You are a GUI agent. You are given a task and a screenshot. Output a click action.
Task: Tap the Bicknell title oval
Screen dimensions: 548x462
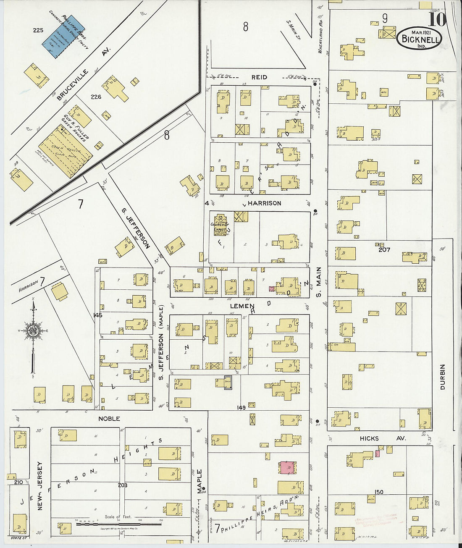pyautogui.click(x=419, y=39)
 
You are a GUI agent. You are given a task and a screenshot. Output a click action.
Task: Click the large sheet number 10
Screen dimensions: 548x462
pyautogui.click(x=437, y=20)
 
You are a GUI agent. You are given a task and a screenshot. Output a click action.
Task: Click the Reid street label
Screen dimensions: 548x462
pyautogui.click(x=259, y=77)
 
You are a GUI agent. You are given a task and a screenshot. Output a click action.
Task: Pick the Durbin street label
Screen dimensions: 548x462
pyautogui.click(x=442, y=377)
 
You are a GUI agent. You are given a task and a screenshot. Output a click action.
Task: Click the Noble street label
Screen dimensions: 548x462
pyautogui.click(x=109, y=419)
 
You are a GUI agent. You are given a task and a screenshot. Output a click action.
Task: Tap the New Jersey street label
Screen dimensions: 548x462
pyautogui.click(x=40, y=486)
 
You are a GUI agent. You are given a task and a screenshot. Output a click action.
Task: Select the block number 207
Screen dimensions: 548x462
pyautogui.click(x=384, y=249)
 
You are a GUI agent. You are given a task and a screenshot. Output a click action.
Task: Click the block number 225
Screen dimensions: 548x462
pyautogui.click(x=38, y=30)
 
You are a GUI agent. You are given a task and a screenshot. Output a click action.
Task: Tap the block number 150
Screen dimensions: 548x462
pyautogui.click(x=379, y=492)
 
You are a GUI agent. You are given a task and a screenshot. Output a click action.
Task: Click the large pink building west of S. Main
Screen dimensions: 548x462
pyautogui.click(x=287, y=467)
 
